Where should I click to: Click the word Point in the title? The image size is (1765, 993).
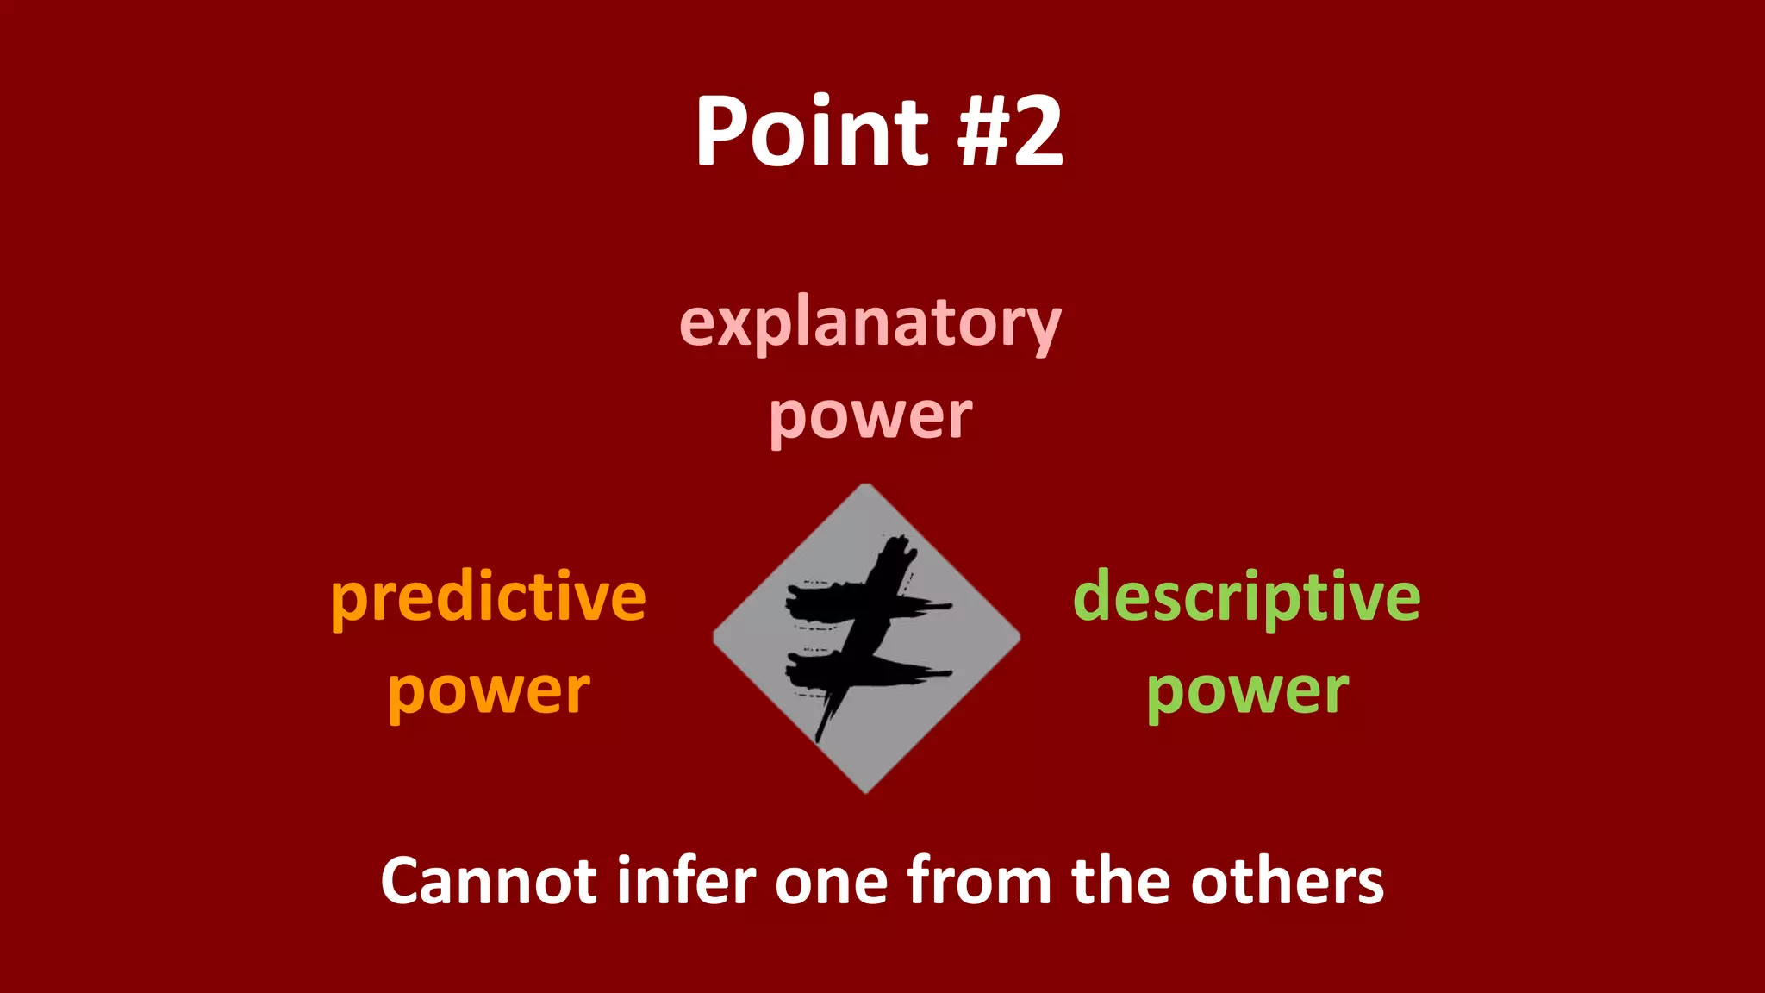(x=811, y=131)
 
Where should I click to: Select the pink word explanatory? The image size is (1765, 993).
(x=870, y=325)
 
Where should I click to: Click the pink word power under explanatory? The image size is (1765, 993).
(x=870, y=416)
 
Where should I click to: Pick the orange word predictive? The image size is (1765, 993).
(x=488, y=598)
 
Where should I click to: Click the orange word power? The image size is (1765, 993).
(x=489, y=691)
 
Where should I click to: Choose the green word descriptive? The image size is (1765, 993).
(x=1246, y=598)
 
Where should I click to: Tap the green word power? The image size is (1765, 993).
(x=1247, y=691)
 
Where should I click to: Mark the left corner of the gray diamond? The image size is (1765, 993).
(x=714, y=638)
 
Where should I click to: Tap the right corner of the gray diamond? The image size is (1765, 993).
(x=1019, y=638)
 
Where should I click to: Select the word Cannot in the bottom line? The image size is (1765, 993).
(x=488, y=881)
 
